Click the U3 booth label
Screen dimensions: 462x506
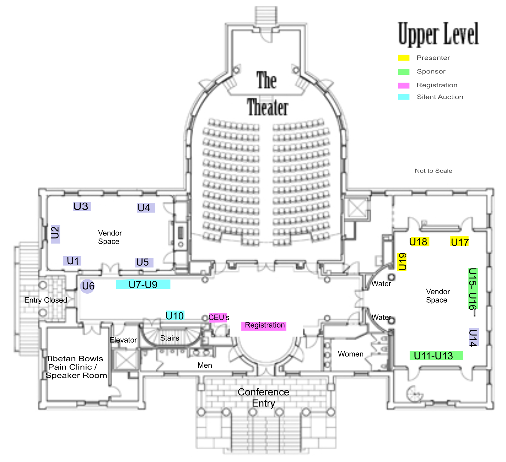click(81, 206)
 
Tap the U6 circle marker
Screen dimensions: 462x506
click(88, 286)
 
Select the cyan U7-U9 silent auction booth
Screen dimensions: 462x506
click(143, 284)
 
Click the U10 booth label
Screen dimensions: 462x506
click(175, 316)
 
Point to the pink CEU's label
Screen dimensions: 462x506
click(219, 317)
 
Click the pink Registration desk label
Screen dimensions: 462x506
click(264, 325)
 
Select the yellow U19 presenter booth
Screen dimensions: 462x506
click(402, 262)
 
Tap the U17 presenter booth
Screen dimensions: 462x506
click(459, 242)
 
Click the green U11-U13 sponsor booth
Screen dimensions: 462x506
click(436, 356)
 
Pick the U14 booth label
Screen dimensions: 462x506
click(473, 337)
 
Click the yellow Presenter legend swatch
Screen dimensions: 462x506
click(404, 58)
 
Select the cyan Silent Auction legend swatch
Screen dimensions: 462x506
click(404, 97)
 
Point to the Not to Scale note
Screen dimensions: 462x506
click(433, 171)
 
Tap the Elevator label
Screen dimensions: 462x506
click(123, 340)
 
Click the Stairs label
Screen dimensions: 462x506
click(169, 338)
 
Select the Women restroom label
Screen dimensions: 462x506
click(350, 354)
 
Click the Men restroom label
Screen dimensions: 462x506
click(205, 365)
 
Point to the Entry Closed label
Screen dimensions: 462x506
click(46, 300)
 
